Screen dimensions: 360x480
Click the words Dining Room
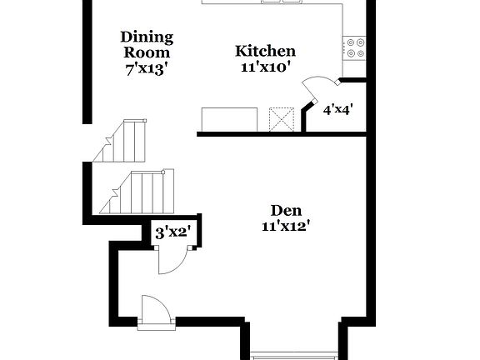(x=147, y=44)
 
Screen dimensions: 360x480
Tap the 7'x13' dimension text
(x=147, y=69)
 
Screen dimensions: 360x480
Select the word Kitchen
(x=265, y=51)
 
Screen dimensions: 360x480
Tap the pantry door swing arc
(x=319, y=86)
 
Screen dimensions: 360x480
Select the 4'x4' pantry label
(x=338, y=107)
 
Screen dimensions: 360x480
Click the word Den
(x=286, y=210)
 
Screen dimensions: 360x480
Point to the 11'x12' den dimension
(x=286, y=226)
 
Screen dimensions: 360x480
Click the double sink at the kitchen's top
(x=282, y=2)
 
